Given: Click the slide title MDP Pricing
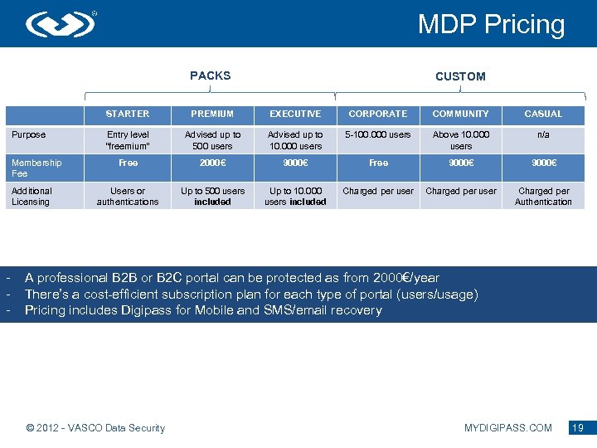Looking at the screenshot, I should point(491,24).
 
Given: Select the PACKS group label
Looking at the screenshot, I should point(210,75).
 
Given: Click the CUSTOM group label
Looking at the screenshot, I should point(460,76).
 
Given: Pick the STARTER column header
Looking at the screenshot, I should point(128,114).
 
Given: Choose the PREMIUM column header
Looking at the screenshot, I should point(212,114).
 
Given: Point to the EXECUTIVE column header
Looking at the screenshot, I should point(295,114).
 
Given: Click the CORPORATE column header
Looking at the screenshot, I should point(378,114).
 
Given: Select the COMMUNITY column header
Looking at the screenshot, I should point(461,114).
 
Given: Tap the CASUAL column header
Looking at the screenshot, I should point(543,114).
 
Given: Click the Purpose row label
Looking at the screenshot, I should point(29,134).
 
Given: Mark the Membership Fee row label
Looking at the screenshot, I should point(36,168).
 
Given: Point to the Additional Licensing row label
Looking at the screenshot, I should point(31,197).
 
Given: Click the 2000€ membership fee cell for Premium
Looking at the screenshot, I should point(212,163).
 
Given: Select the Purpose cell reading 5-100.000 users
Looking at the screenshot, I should point(378,135).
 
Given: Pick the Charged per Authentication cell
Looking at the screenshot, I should point(543,197).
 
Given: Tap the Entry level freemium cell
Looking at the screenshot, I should point(128,140).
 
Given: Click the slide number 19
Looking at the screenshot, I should point(578,428).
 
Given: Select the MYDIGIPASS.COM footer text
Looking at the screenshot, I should point(507,428).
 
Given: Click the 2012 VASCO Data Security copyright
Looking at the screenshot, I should point(95,428).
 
